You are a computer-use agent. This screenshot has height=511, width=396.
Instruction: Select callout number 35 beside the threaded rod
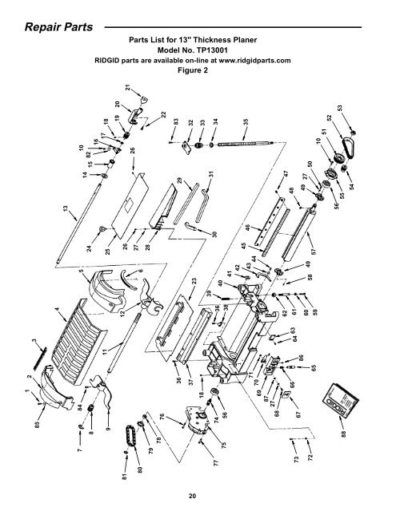click(246, 122)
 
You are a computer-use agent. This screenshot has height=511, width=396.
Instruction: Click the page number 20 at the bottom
click(192, 496)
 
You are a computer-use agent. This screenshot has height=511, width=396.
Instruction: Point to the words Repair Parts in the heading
click(58, 26)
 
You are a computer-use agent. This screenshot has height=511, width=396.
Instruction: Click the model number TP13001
click(210, 50)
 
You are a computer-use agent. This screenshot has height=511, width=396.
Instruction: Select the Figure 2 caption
click(193, 70)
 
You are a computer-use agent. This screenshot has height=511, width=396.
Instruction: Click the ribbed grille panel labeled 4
click(79, 343)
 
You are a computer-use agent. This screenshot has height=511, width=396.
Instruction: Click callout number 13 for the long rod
click(66, 209)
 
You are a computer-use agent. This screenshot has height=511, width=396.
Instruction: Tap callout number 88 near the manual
click(343, 434)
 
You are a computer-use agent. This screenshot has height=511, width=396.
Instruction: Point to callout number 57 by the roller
click(314, 252)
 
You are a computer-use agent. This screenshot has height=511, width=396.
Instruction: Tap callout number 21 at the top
click(128, 87)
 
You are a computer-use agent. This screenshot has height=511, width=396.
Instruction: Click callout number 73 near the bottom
click(297, 460)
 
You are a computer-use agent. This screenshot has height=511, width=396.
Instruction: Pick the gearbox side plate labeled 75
click(198, 420)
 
